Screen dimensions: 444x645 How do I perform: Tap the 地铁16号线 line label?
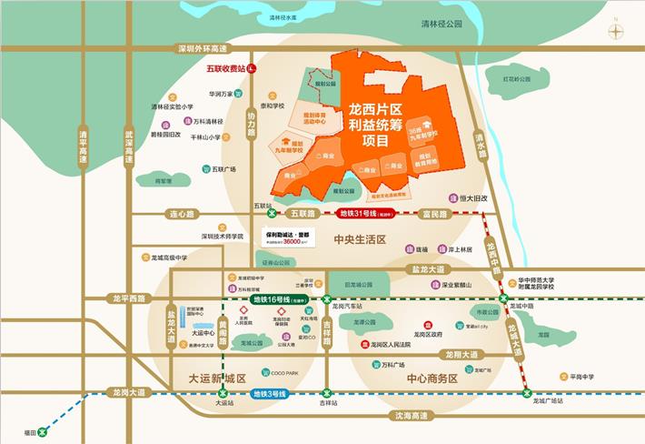point(273,298)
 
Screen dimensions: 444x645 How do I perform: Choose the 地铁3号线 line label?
point(269,393)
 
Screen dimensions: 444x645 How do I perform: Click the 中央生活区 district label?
point(361,240)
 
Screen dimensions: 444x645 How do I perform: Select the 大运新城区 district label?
point(218,376)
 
